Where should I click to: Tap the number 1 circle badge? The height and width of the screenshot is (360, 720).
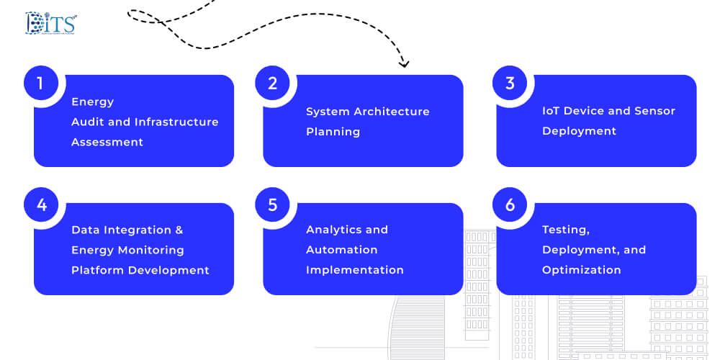pos(41,84)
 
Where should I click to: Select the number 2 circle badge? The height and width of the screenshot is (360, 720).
pos(272,84)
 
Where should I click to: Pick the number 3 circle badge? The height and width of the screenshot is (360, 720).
pos(510,84)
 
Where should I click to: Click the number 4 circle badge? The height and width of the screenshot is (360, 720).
pos(41,204)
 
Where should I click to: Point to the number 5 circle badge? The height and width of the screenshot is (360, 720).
pos(272,204)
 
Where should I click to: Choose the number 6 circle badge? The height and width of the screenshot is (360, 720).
pos(510,204)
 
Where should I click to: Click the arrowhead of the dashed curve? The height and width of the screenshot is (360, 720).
pos(404,64)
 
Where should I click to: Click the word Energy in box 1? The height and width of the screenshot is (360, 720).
pos(92,102)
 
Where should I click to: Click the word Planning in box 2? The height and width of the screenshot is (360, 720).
pos(333,132)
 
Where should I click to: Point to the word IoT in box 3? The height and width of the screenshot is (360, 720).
pos(552,112)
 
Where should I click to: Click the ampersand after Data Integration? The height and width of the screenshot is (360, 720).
pos(179,230)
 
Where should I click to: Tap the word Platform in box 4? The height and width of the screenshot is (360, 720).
pos(97,271)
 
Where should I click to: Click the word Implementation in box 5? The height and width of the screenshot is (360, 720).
pos(355,271)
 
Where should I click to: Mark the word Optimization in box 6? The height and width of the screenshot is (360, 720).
pos(581,271)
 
